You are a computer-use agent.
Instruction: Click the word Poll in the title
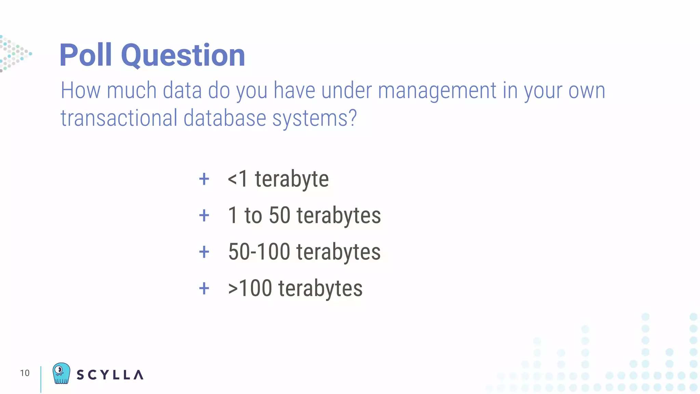pos(86,55)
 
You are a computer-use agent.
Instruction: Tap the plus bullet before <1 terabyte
pos(204,179)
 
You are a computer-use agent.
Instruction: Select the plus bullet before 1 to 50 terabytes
pos(204,215)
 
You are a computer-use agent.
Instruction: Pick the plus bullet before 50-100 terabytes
pos(204,252)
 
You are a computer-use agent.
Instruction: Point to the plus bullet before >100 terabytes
pos(204,288)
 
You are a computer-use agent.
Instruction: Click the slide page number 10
pos(25,373)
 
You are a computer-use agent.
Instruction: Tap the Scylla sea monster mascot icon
pos(62,373)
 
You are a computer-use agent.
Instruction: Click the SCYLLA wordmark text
pos(110,375)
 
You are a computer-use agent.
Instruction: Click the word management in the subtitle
pos(436,91)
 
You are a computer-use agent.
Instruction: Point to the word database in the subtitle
pos(225,118)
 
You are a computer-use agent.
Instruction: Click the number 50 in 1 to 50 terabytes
pos(280,215)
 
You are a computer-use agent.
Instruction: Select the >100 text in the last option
pos(250,288)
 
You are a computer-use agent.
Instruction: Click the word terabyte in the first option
pos(292,179)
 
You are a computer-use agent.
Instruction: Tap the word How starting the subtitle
pos(80,91)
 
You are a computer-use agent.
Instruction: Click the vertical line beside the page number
pos(41,379)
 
